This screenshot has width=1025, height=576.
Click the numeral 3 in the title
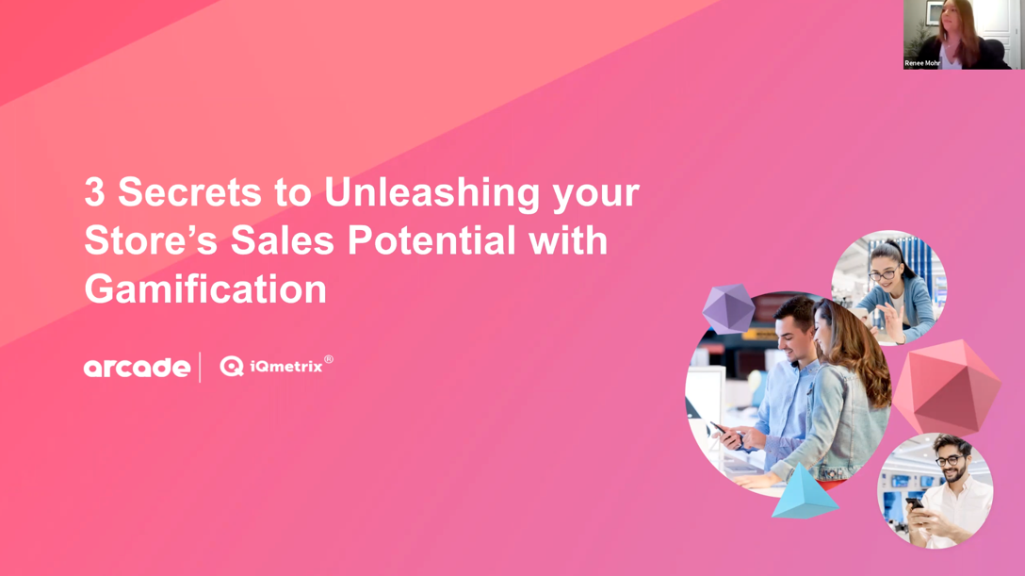94,192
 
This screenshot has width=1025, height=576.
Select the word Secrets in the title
189,192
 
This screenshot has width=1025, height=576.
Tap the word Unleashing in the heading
432,192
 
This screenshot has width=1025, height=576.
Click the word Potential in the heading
432,240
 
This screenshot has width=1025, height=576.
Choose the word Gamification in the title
205,289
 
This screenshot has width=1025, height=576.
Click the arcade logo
137,368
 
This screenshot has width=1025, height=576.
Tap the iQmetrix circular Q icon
232,367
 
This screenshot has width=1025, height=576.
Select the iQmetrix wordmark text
286,367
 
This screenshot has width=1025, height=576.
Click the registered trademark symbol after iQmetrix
329,359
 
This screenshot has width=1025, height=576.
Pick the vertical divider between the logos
200,367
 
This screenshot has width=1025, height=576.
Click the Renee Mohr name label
921,63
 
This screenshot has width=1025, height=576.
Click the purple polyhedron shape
728,308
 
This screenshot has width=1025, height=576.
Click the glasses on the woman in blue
882,275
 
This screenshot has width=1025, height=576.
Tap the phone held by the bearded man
914,502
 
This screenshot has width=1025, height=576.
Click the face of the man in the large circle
796,330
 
